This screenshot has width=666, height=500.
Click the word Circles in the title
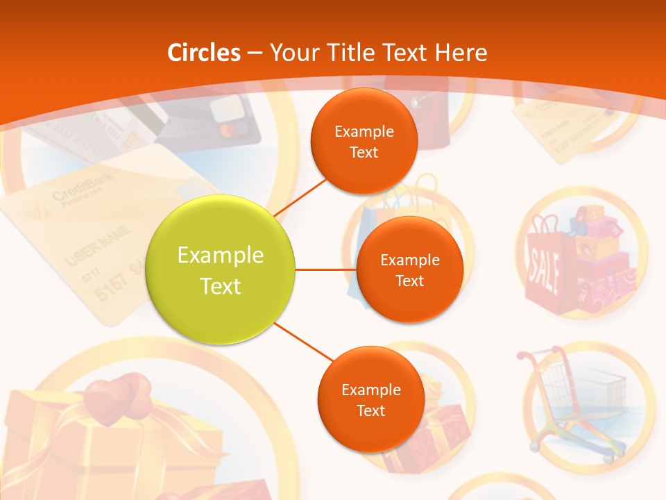(x=204, y=53)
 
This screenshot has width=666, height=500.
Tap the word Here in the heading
(x=461, y=53)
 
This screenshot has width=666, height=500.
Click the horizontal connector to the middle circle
(x=325, y=269)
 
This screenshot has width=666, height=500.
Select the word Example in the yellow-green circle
(x=220, y=256)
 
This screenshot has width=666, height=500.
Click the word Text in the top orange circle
(x=364, y=153)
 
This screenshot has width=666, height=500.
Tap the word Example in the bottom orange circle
(x=370, y=390)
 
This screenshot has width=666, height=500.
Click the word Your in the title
(x=292, y=53)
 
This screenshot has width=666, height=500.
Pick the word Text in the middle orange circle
(x=409, y=281)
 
